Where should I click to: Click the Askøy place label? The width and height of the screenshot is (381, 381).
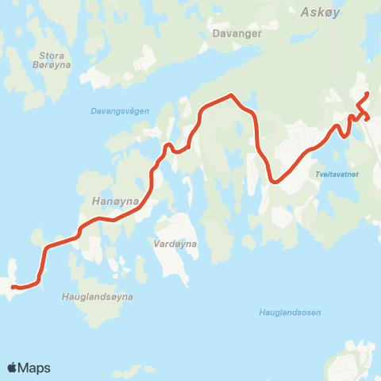tap(321, 12)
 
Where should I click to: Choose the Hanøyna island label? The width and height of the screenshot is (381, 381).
tap(116, 202)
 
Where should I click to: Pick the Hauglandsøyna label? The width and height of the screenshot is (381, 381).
tap(97, 296)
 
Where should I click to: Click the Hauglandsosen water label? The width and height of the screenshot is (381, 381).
tap(290, 312)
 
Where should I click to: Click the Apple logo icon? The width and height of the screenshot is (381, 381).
tap(12, 368)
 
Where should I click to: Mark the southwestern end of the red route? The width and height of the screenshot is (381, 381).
tap(13, 287)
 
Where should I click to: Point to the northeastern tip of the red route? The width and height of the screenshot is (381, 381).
tap(367, 94)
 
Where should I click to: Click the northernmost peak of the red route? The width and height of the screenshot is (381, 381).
tap(231, 95)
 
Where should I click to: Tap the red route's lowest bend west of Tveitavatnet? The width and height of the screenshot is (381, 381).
tap(274, 181)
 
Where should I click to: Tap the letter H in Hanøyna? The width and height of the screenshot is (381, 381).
tap(96, 202)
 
